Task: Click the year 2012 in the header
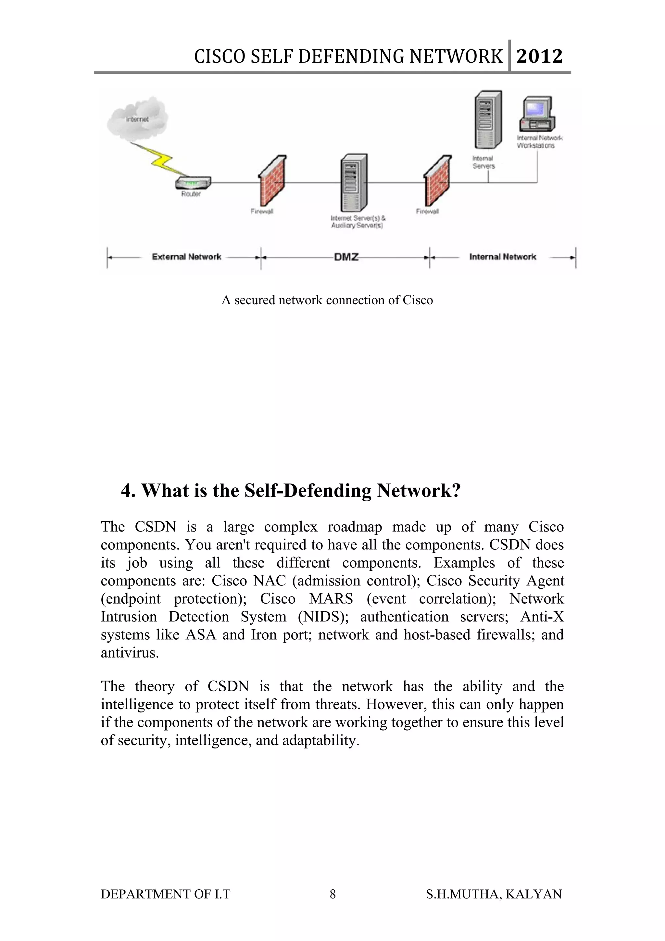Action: point(539,56)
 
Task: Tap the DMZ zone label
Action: point(346,257)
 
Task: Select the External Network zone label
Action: point(186,257)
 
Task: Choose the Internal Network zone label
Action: point(502,257)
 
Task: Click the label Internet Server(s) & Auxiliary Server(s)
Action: point(358,222)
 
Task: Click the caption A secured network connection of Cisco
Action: point(327,300)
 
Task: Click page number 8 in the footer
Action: point(333,894)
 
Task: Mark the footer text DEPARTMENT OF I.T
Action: point(166,894)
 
